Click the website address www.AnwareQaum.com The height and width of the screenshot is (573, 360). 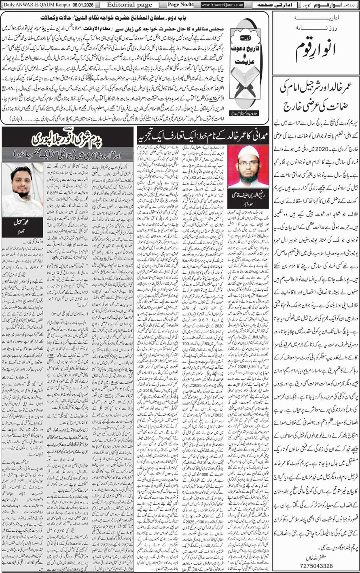click(222, 4)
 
